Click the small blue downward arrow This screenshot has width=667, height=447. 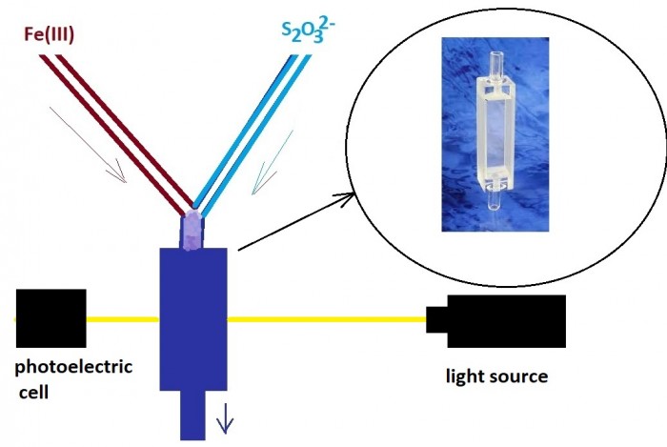[x=226, y=417]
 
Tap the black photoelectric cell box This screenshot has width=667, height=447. [x=51, y=317]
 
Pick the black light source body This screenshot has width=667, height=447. [x=505, y=321]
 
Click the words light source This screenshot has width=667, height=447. [x=497, y=376]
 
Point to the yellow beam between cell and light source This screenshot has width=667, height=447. [x=324, y=319]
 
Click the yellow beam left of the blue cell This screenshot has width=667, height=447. [x=122, y=319]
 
